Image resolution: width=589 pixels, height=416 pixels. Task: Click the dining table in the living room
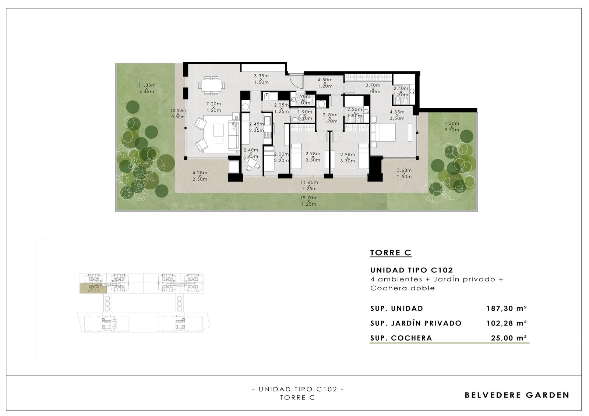(211, 85)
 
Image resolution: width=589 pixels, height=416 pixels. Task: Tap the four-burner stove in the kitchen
(267, 135)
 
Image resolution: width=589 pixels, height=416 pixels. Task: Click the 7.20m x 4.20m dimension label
(214, 107)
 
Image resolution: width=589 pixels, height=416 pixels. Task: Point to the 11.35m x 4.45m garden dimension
(147, 88)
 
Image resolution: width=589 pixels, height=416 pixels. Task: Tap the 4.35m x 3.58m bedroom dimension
(397, 115)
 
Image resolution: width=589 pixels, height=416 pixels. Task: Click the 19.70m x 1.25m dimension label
(309, 201)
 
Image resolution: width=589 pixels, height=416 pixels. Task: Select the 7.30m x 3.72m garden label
(452, 127)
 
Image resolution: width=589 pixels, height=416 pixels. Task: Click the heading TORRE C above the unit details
(391, 253)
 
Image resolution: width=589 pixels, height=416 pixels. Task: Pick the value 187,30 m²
(507, 308)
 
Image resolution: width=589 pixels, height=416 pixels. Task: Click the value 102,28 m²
(507, 323)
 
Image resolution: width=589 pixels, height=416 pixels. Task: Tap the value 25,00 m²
(509, 338)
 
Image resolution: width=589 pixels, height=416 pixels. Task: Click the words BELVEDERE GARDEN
(517, 395)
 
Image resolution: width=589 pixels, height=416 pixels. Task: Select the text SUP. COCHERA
(401, 338)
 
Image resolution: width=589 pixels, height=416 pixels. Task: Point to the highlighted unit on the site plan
(93, 288)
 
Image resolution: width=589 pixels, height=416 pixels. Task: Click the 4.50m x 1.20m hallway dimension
(325, 83)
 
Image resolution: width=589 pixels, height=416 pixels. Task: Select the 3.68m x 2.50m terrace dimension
(404, 174)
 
